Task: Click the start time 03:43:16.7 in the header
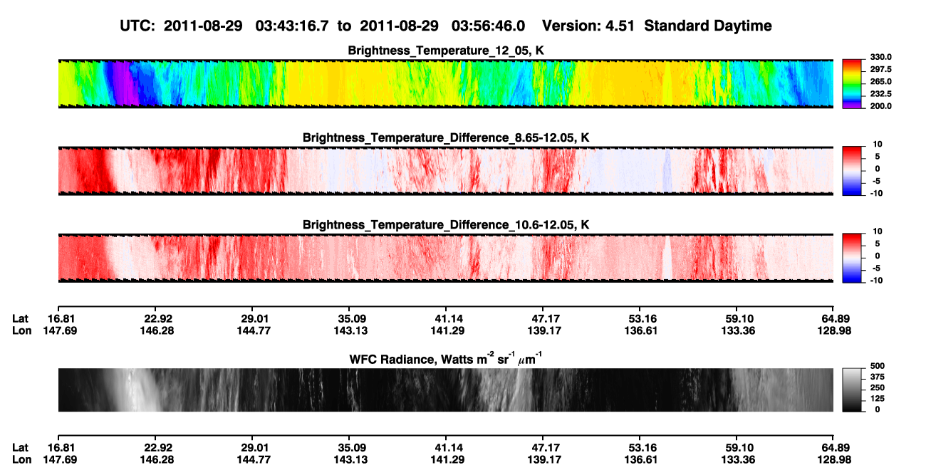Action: [x=292, y=26]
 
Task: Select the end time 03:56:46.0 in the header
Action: [x=488, y=26]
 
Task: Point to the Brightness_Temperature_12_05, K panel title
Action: [x=446, y=51]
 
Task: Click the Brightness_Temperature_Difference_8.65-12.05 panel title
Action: [x=446, y=137]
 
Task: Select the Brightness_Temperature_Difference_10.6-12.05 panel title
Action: [x=446, y=225]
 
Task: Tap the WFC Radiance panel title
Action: [x=446, y=359]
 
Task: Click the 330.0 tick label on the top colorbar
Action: [x=880, y=57]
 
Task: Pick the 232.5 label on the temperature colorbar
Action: [x=880, y=94]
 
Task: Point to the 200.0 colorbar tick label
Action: [x=880, y=106]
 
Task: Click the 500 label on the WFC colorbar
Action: [x=878, y=366]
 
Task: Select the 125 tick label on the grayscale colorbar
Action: [x=878, y=399]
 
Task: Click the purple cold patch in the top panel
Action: [x=125, y=83]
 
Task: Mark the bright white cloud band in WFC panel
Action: [x=135, y=390]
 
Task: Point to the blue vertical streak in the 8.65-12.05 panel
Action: [x=667, y=171]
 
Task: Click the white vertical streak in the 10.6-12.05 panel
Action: [x=667, y=258]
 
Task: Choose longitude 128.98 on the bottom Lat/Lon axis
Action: [x=834, y=460]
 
